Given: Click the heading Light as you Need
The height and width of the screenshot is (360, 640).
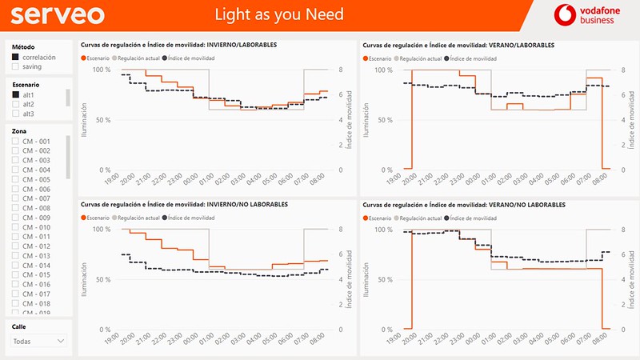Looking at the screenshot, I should tap(280, 14).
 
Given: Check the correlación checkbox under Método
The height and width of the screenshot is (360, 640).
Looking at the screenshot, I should tap(16, 58).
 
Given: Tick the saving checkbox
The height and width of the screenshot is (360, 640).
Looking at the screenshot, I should tap(16, 67).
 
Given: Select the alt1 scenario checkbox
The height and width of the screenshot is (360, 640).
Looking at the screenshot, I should tap(16, 95).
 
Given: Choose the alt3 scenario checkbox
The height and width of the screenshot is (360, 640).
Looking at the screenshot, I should tap(16, 114).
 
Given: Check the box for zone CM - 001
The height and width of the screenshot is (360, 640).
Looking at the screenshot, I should tap(16, 142).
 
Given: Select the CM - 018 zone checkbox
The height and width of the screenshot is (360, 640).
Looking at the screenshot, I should tap(16, 304).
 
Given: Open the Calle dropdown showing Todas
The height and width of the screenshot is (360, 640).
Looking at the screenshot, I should tap(38, 341).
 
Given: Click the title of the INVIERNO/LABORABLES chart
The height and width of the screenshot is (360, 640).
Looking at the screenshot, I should tap(179, 45).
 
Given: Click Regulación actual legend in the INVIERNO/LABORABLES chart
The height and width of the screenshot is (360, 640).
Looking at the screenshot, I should tap(138, 58).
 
